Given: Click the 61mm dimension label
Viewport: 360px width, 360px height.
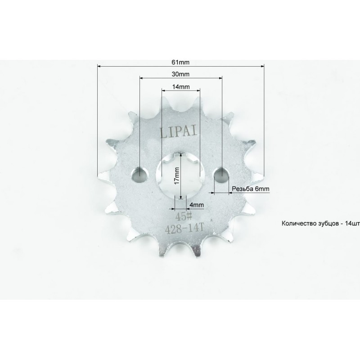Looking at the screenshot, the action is [180, 62].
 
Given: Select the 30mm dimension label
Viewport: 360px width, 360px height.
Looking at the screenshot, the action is [180, 74].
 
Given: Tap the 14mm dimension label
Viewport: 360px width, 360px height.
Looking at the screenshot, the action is [181, 86].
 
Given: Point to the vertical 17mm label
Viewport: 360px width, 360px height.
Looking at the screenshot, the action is [176, 175].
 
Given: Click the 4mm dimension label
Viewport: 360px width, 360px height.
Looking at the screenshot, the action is [197, 205].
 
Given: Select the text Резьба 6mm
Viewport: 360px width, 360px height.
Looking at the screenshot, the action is [251, 189].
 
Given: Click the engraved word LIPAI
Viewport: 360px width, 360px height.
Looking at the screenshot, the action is [179, 132].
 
